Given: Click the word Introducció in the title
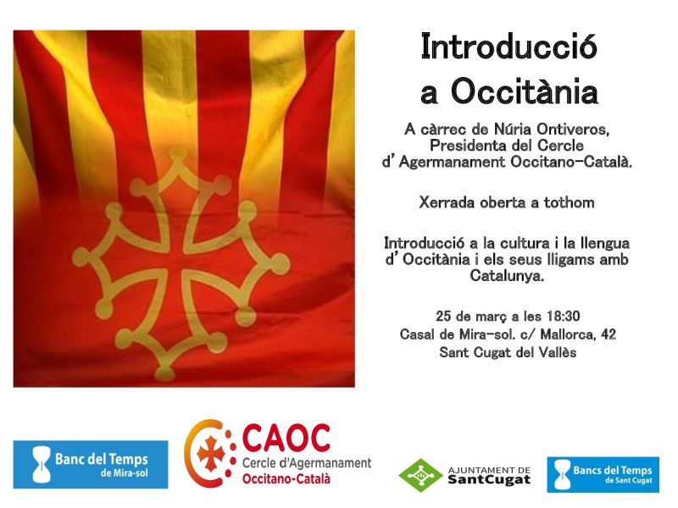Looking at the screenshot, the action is coord(509,47).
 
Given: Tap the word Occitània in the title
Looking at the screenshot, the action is coord(525,91).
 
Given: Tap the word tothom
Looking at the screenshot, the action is coord(569,202).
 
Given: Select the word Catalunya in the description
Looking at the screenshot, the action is coord(507,276).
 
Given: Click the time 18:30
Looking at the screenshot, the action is coord(564,316).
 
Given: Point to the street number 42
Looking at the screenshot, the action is coord(609,334).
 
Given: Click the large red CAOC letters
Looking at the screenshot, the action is coord(286,438).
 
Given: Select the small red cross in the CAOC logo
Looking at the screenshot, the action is coord(211,454).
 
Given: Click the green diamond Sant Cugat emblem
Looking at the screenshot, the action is coord(420,475).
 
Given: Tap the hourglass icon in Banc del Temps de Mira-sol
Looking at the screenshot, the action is coord(42,464).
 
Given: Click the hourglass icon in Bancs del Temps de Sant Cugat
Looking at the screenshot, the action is coord(562,475).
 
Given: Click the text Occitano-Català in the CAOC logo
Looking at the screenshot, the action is coord(286,478).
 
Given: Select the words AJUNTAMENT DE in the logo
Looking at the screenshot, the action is coord(489,470).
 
